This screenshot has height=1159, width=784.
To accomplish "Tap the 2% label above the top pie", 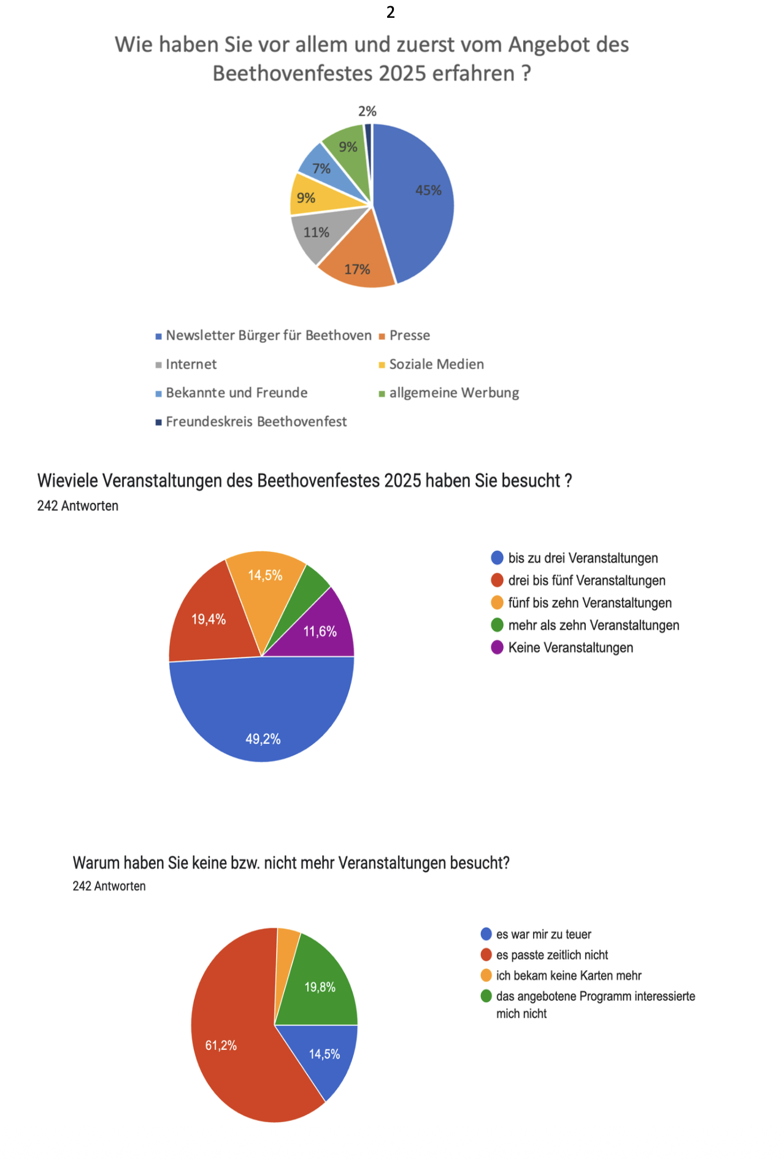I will (367, 111).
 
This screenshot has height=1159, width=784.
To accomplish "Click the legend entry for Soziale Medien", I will (436, 364).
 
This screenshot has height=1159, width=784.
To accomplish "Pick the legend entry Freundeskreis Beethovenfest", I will (256, 422).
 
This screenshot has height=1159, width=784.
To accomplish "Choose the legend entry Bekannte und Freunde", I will (236, 393).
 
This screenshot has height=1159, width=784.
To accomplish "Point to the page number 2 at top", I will (391, 12).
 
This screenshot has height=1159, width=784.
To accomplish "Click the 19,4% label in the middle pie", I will (209, 619).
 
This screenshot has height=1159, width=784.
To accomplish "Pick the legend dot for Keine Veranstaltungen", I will (497, 648).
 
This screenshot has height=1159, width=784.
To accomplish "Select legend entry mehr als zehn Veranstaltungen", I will (593, 625).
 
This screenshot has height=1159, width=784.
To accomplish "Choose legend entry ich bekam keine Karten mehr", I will (568, 976).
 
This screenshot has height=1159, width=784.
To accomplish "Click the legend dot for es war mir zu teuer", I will (486, 935).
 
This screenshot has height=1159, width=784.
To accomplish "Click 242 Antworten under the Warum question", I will (109, 886).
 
